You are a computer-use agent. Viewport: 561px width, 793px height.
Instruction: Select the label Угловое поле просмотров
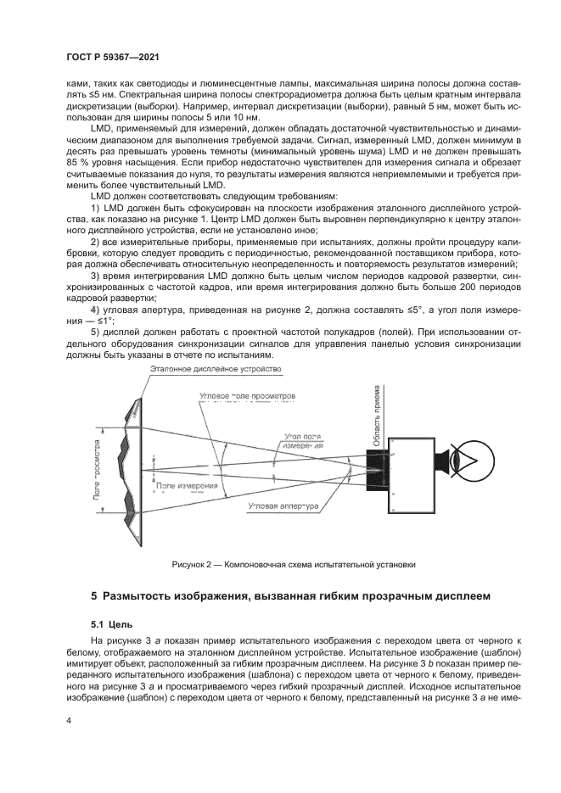pos(246,396)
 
